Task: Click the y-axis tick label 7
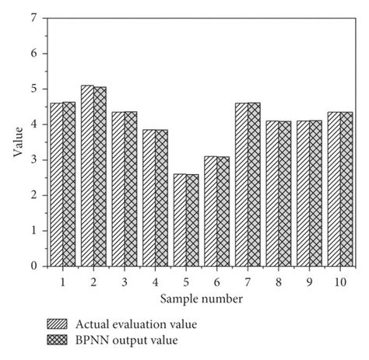(33, 18)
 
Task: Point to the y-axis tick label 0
(33, 266)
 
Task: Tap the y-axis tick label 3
(33, 160)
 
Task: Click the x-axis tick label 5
(185, 281)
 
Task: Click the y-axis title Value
(16, 142)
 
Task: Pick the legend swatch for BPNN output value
(58, 339)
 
